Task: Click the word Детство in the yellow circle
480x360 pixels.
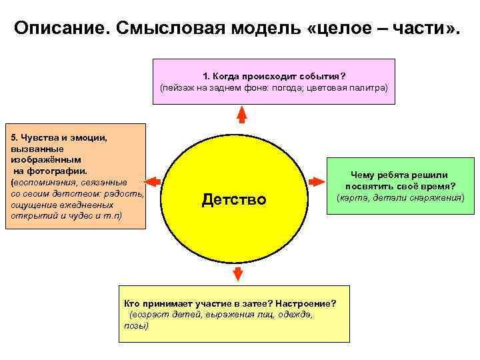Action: coord(233,199)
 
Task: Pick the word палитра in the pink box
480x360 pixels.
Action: coord(364,87)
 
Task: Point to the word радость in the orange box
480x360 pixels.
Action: coord(123,193)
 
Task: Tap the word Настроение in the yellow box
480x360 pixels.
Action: coord(306,303)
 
